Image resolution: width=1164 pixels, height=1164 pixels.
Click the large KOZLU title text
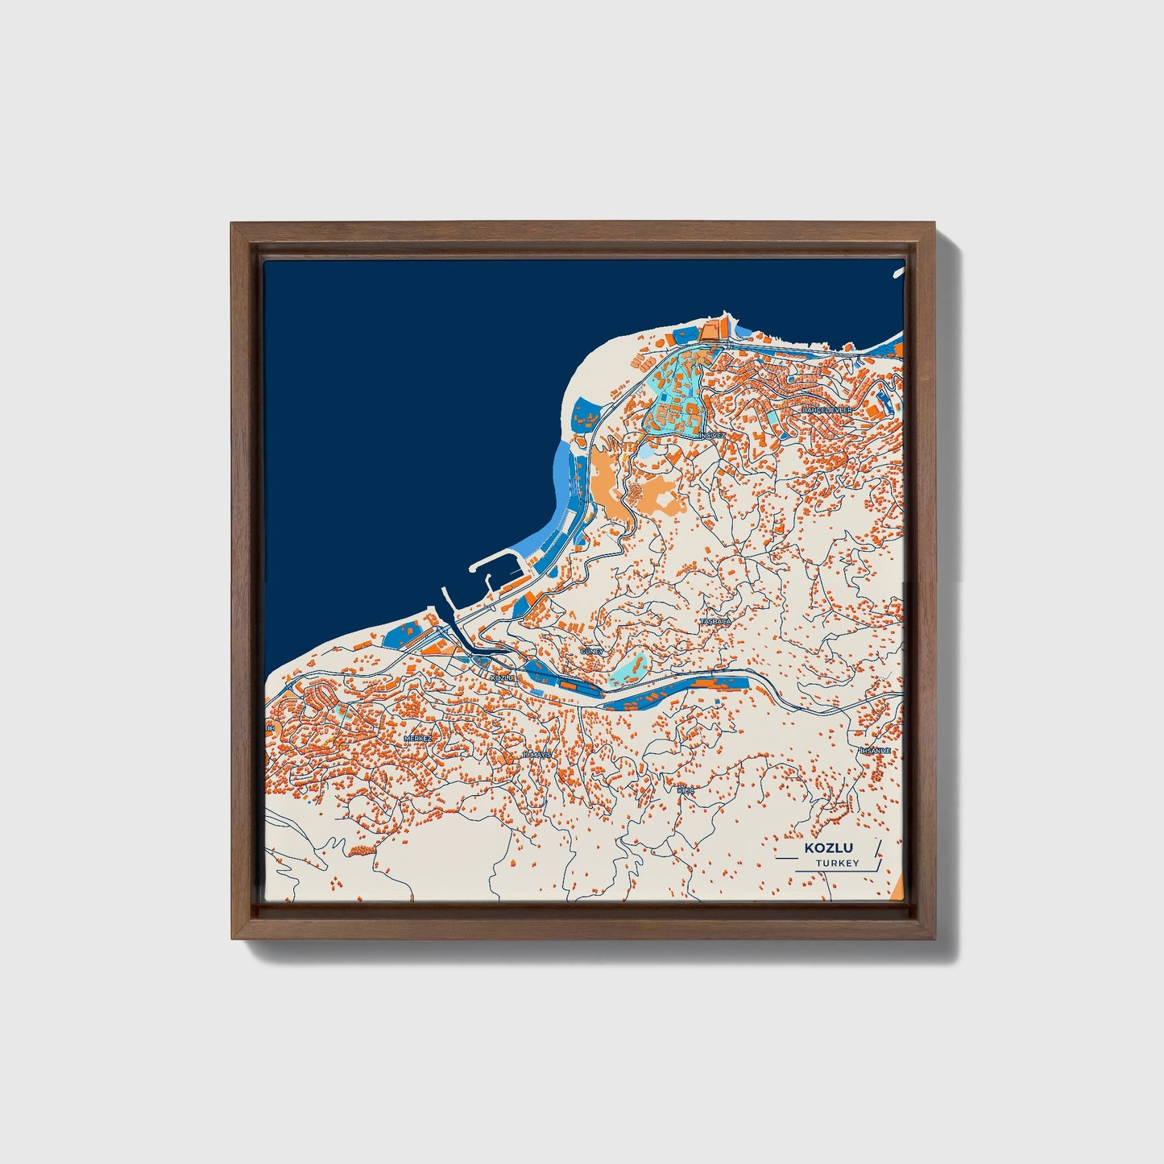[x=829, y=848]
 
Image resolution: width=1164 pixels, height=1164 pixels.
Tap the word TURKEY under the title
[x=837, y=864]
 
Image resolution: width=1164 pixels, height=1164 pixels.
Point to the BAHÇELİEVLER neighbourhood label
[x=826, y=410]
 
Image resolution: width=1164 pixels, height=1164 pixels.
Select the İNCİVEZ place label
[x=712, y=435]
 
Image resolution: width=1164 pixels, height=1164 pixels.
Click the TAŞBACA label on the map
[x=715, y=622]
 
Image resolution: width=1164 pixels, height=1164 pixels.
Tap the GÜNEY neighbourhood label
[x=591, y=651]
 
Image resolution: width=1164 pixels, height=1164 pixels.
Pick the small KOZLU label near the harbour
[x=501, y=678]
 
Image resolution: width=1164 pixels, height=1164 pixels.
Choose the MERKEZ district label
[x=418, y=738]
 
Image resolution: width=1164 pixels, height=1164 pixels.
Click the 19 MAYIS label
[x=536, y=755]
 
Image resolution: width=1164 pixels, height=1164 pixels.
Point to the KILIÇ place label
[x=685, y=791]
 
